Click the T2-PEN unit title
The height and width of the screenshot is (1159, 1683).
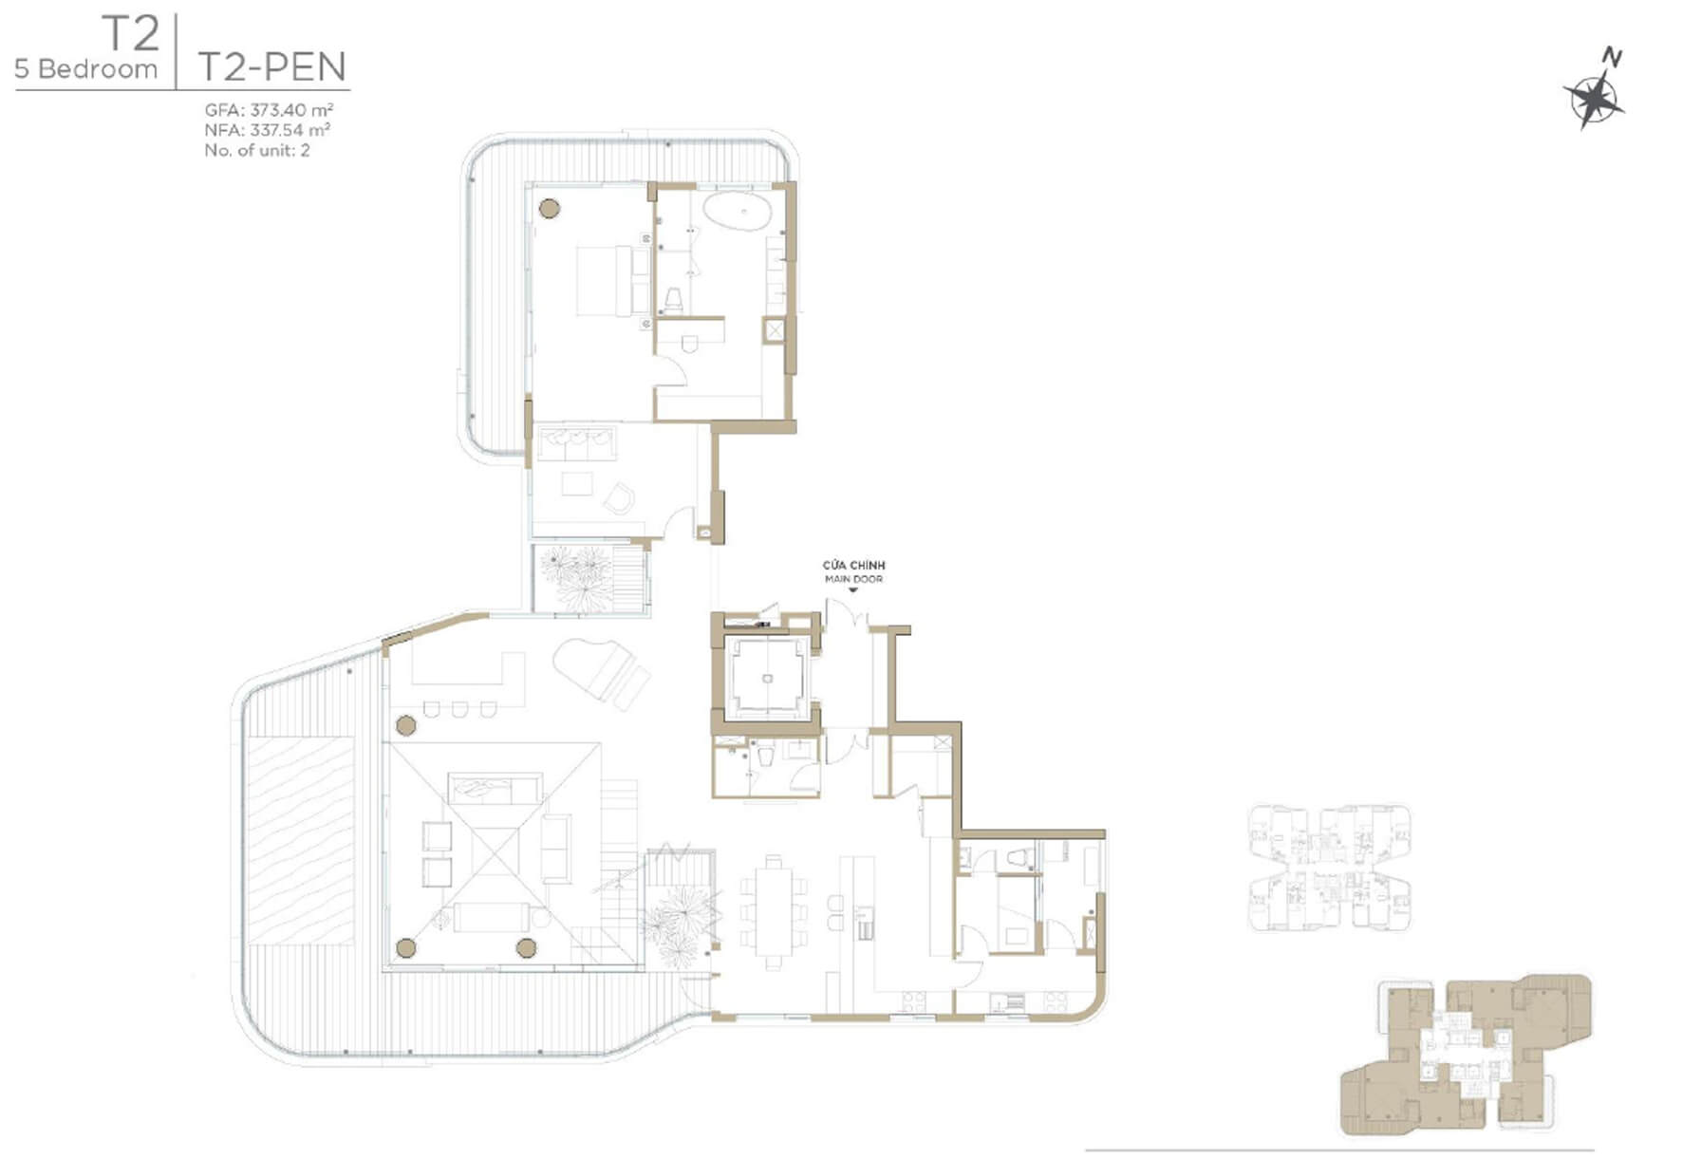tap(271, 66)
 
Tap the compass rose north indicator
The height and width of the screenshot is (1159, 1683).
tap(1596, 91)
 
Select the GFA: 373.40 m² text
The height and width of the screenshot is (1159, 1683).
tap(269, 110)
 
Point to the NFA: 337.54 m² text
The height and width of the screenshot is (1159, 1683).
tap(268, 130)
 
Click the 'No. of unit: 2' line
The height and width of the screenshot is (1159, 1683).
tap(257, 150)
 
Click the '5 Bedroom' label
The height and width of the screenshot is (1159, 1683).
tap(85, 69)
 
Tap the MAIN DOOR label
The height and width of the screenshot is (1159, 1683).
tap(853, 578)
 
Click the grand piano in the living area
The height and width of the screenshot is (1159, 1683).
tap(602, 671)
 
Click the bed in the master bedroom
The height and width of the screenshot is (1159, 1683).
tap(605, 281)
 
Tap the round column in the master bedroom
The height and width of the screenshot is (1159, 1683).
tap(550, 209)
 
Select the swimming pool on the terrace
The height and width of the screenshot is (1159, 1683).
tap(301, 840)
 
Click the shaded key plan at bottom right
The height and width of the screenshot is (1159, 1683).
tap(1466, 1054)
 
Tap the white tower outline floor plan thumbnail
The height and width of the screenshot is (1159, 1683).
tap(1328, 868)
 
